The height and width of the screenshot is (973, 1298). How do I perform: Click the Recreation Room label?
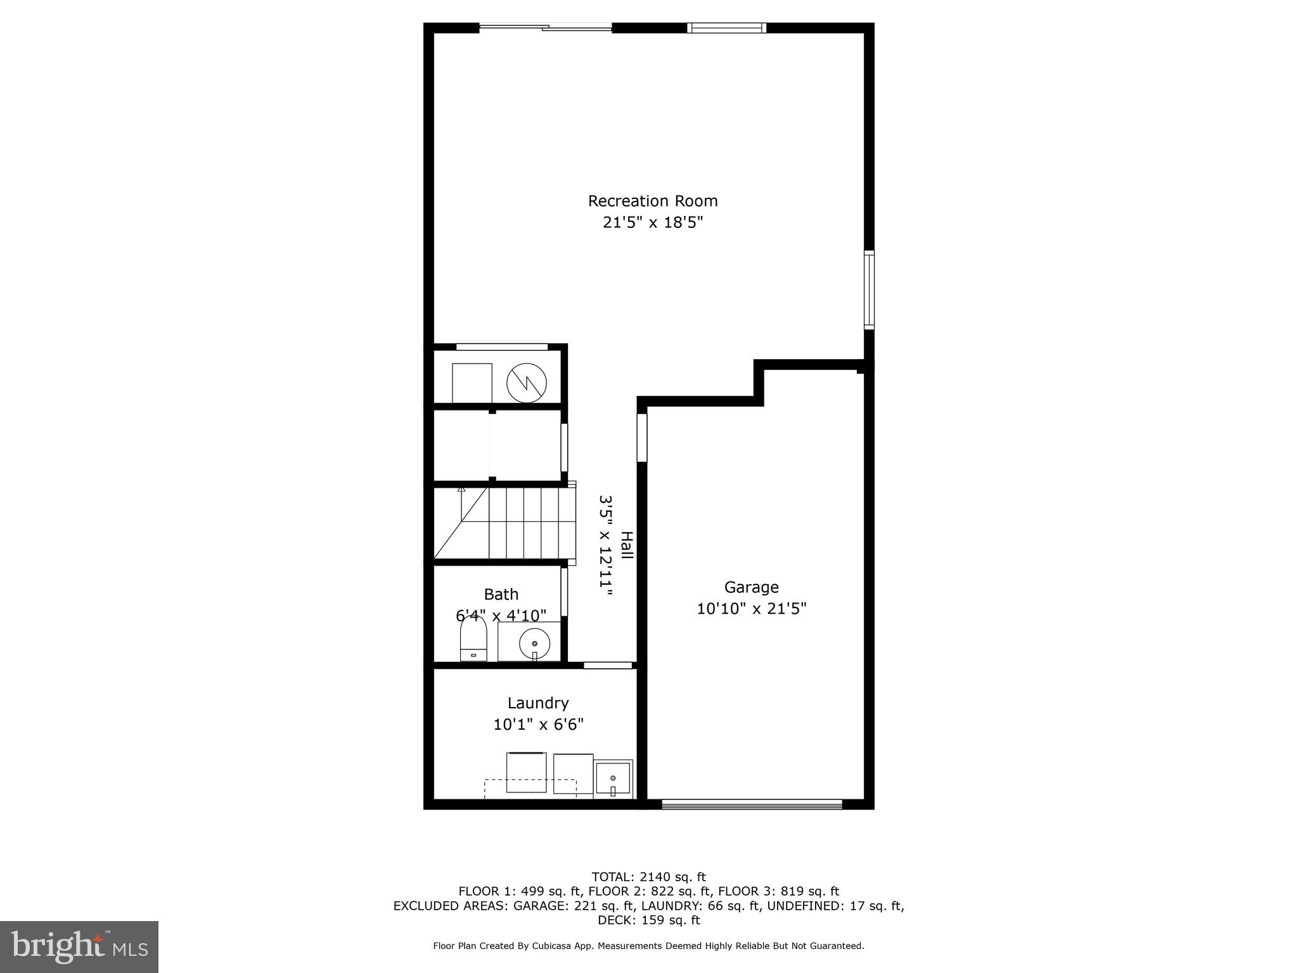coord(653,201)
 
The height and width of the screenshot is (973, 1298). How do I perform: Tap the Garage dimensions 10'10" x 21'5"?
coord(751,609)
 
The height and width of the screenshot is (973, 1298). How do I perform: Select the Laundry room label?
coord(538,703)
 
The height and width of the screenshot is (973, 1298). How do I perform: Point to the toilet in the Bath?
coord(473,639)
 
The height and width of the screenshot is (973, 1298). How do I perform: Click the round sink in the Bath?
coord(534,644)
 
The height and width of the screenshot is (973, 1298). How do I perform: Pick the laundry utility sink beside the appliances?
coord(613,779)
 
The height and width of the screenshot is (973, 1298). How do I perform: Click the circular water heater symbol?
coord(526,383)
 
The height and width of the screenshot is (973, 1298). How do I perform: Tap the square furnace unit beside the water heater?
coord(472,383)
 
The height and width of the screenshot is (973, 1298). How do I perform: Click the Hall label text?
coord(626,545)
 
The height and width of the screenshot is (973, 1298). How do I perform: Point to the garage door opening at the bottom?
coord(752,804)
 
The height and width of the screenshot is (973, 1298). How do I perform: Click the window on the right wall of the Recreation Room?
coord(869,289)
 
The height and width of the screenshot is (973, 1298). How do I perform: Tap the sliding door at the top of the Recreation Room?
coord(545,27)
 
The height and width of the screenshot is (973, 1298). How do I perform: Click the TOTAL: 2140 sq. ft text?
coord(648,877)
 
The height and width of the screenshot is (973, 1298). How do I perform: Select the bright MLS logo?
coord(79,946)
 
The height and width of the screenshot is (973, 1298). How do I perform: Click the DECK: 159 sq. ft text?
coord(648,920)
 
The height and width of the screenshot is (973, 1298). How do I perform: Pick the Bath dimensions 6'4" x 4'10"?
coord(501,615)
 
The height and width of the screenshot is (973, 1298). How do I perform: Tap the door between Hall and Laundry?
coord(608,665)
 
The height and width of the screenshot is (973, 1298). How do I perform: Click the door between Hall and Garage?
coord(642,437)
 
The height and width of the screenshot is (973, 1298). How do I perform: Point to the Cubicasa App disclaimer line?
coord(648,946)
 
